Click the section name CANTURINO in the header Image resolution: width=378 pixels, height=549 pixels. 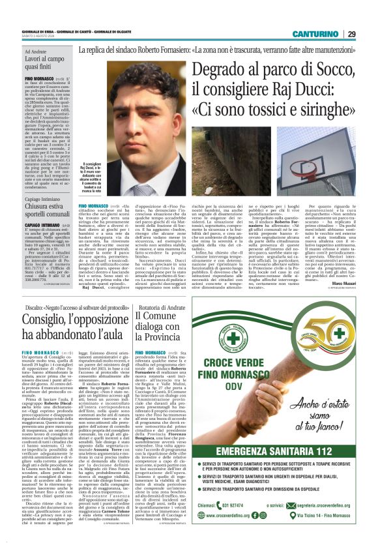[x=315, y=34]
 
